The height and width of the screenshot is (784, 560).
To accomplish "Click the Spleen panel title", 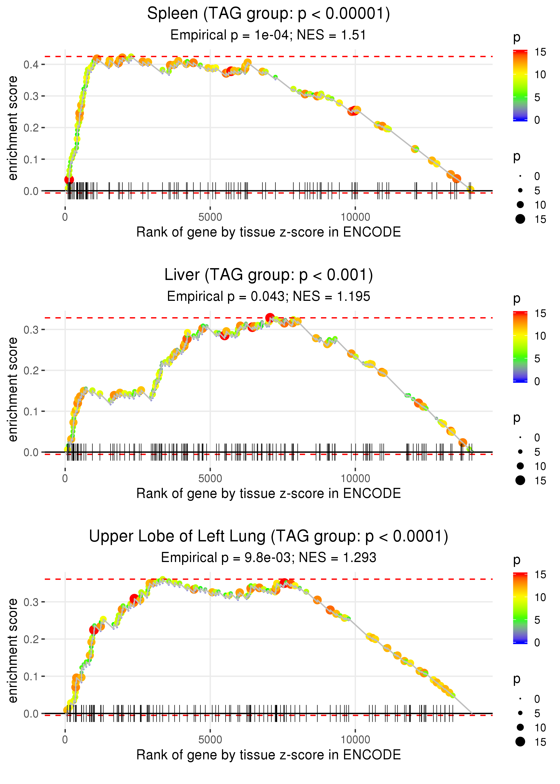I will [x=268, y=14].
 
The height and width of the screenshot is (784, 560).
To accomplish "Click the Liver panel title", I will [x=268, y=275].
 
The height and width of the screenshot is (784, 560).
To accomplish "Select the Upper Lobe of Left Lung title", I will [x=268, y=536].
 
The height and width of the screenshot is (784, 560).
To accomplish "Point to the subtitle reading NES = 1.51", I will [x=268, y=35].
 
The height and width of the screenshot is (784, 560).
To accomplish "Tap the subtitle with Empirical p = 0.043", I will [x=268, y=297].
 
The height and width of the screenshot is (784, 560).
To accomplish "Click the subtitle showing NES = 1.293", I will [x=268, y=558].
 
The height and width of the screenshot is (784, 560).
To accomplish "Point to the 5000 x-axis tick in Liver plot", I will [x=210, y=478].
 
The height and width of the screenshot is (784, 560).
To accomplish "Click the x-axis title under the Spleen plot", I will [x=268, y=232].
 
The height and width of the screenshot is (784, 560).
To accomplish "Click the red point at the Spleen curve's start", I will [x=69, y=179].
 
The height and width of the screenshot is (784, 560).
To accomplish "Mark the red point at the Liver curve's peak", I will [x=270, y=317].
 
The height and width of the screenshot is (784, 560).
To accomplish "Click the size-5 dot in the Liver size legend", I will [x=520, y=452].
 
